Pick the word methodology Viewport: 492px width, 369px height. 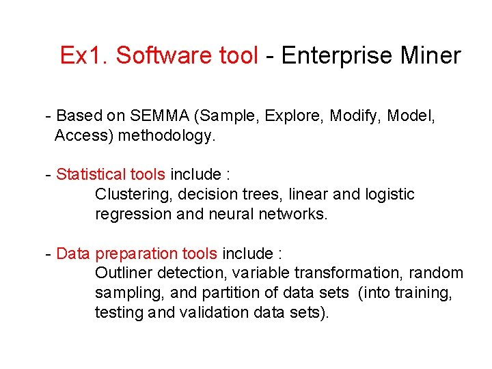167,136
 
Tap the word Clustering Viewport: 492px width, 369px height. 133,195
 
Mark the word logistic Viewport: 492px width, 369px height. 389,195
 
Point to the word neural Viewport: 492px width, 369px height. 226,215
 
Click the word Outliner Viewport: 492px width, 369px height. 124,274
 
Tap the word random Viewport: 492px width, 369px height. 436,274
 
